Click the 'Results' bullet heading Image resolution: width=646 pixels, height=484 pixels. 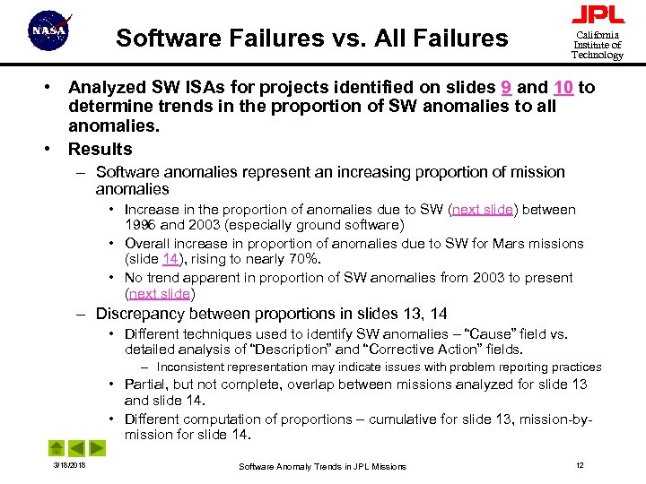click(100, 149)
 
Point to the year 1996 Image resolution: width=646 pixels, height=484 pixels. click(142, 225)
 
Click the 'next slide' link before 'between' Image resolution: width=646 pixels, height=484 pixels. click(483, 209)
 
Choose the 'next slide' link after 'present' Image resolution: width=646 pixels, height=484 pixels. click(159, 294)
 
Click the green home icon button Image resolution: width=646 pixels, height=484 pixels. click(56, 447)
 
